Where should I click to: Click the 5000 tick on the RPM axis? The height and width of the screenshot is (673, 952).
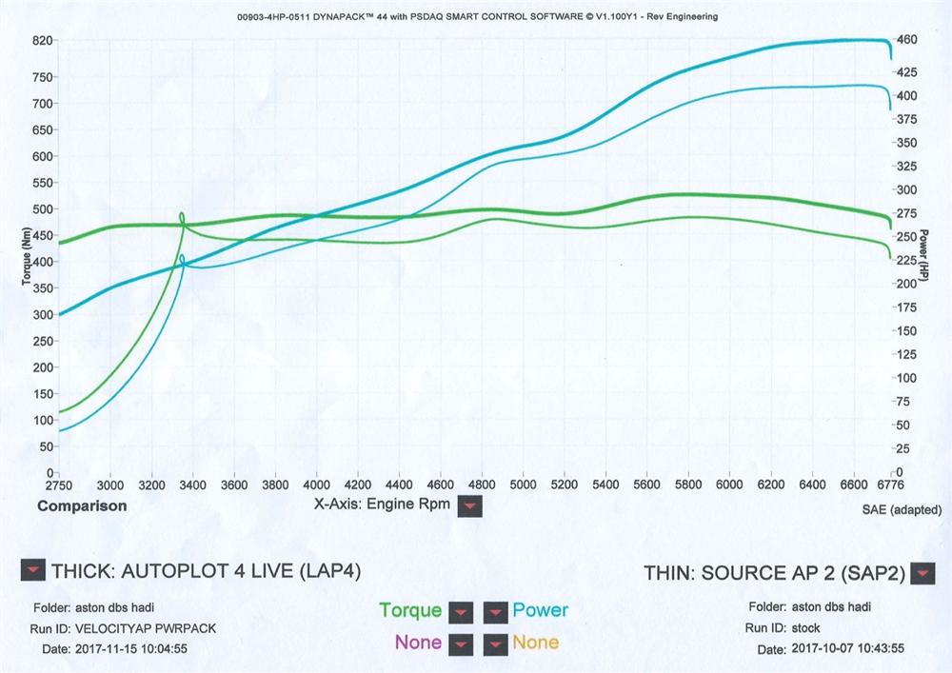(x=523, y=484)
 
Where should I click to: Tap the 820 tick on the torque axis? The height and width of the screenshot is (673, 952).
(x=41, y=41)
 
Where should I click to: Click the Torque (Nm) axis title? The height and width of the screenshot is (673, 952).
(x=27, y=256)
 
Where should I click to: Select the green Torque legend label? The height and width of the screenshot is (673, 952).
(x=410, y=610)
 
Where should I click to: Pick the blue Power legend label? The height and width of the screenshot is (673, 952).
(x=540, y=610)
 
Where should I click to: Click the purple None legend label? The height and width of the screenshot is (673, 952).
(x=418, y=643)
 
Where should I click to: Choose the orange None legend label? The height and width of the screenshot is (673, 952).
(x=536, y=643)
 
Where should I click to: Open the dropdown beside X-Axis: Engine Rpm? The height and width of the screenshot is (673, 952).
(x=469, y=505)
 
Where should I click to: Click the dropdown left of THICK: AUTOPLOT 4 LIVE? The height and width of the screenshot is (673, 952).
(x=32, y=570)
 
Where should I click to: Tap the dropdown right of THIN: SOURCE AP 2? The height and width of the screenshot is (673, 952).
(x=922, y=573)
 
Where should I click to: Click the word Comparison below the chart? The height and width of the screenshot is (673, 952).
(x=82, y=506)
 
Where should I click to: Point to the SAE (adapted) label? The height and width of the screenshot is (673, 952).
(x=901, y=509)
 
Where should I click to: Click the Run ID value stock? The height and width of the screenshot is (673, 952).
(x=806, y=628)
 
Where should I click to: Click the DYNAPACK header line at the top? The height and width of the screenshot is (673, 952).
(x=475, y=17)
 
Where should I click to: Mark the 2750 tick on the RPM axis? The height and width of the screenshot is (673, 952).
(x=59, y=484)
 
